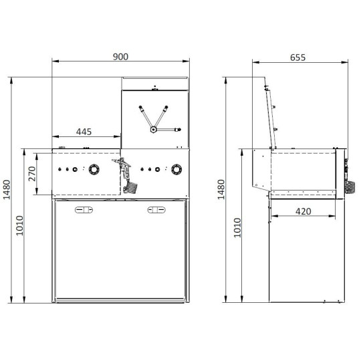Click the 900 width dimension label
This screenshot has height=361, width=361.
point(120,57)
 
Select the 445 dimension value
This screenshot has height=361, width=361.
point(84,132)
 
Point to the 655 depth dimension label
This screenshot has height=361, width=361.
point(297,57)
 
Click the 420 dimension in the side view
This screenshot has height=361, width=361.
point(303,212)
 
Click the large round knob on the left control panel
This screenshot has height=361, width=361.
point(94,170)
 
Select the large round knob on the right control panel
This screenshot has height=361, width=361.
point(176,170)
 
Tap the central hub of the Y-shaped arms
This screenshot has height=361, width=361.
point(154,129)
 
